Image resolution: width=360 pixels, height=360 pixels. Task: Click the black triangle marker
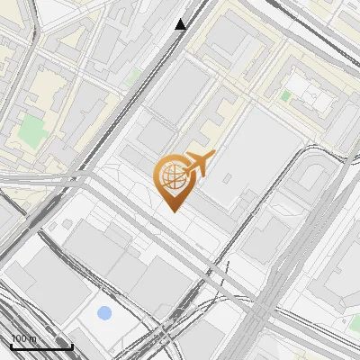[181, 24]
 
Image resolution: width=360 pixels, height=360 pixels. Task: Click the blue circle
[104, 313]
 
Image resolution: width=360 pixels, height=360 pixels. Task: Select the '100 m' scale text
[23, 339]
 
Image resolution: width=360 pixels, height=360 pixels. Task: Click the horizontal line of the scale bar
[41, 346]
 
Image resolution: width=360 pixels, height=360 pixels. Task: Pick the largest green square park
[33, 130]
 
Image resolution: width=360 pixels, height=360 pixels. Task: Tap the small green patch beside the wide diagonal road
[133, 77]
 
